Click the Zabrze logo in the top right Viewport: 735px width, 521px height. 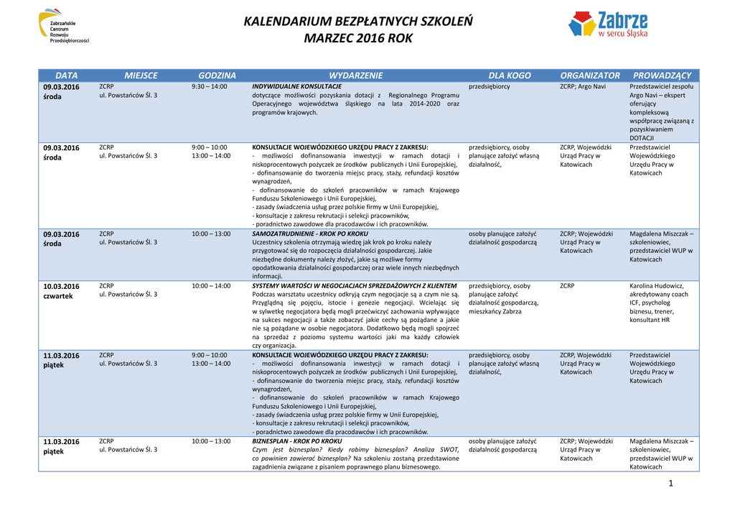(607, 24)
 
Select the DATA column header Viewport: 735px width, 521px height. (66, 75)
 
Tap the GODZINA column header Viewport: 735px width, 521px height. (217, 75)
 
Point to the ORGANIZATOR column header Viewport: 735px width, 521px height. (590, 75)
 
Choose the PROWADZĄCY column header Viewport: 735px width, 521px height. (662, 75)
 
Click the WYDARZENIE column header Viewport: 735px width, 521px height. (356, 75)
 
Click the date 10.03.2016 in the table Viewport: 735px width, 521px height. (62, 286)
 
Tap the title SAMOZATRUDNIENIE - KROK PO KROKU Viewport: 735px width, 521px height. (310, 234)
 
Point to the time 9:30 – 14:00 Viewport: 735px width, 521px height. (210, 86)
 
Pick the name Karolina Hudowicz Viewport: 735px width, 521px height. (657, 286)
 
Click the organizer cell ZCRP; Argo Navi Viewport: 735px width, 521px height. (583, 86)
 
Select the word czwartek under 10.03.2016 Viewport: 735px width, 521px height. (58, 296)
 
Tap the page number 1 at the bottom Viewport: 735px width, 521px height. (670, 483)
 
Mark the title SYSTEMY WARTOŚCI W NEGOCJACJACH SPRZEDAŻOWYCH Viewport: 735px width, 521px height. (355, 286)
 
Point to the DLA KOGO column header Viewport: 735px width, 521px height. (510, 75)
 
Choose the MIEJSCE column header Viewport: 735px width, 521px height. (141, 75)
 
